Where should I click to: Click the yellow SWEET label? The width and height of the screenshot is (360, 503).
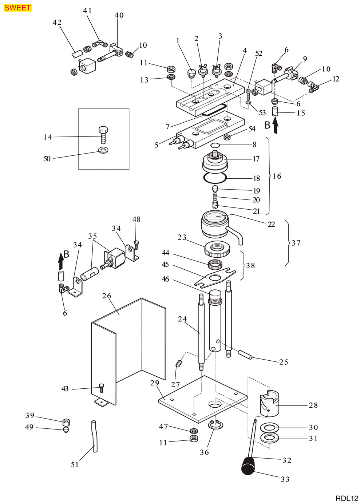(x=18, y=8)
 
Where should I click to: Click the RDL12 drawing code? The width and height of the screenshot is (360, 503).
(x=347, y=498)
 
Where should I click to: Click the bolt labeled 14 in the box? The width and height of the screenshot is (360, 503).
(x=103, y=135)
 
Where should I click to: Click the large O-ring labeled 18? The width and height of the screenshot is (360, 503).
(x=215, y=178)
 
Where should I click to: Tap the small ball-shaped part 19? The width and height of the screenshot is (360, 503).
(x=215, y=188)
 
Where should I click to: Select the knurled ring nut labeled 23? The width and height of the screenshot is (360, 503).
(x=217, y=248)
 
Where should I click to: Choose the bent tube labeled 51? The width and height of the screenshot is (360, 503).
(x=94, y=436)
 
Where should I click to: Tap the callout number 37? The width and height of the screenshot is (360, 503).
(x=296, y=243)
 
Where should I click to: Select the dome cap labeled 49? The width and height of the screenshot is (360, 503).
(x=66, y=430)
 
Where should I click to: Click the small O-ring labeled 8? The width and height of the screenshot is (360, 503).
(x=215, y=145)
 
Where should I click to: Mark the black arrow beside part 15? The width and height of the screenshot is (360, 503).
(x=275, y=127)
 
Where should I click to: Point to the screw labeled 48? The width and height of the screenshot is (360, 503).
(x=136, y=245)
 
